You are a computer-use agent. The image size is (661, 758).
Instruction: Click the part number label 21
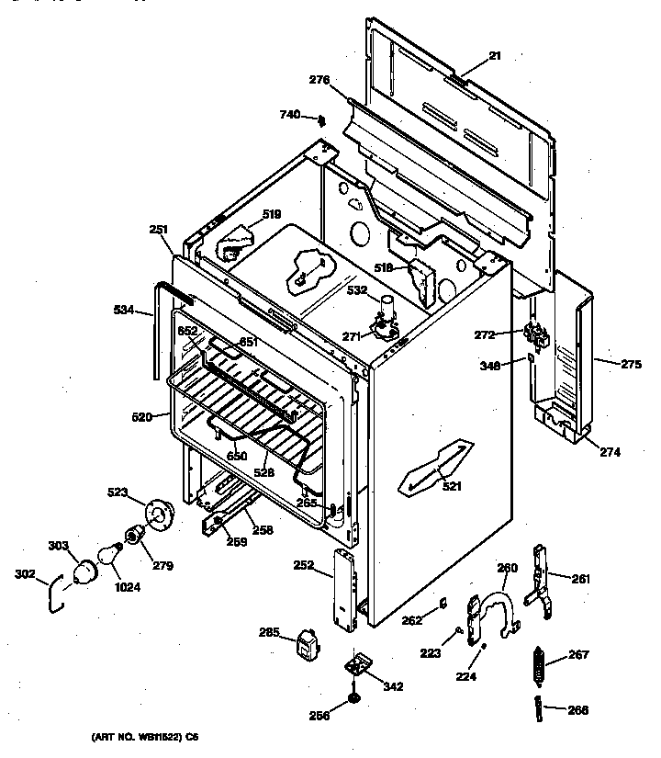[x=495, y=56]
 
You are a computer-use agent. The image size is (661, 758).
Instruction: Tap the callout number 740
[x=290, y=115]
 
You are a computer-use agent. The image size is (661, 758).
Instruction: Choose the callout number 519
[x=271, y=215]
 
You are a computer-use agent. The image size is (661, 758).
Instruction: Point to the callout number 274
[x=611, y=452]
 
